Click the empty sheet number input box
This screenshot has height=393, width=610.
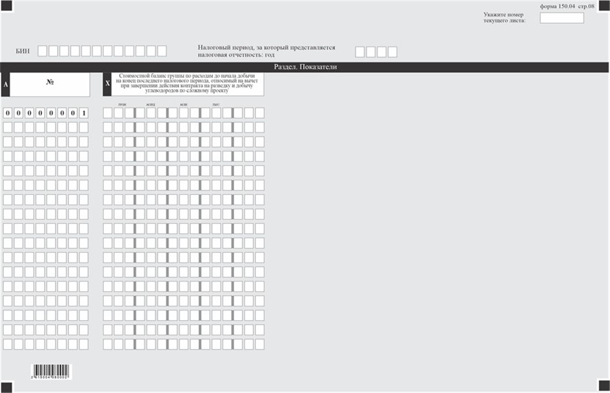click(561, 18)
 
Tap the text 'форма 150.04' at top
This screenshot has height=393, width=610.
click(557, 5)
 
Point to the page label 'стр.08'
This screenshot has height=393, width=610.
click(586, 5)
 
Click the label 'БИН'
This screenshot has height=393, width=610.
click(23, 51)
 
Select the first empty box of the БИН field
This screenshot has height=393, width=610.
click(42, 51)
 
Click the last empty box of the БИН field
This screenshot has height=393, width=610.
click(161, 51)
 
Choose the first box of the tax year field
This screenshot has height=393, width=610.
click(360, 52)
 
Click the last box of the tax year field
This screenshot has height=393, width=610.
click(392, 52)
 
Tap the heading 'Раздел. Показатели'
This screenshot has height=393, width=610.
click(305, 67)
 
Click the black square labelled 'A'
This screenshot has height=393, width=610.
click(5, 85)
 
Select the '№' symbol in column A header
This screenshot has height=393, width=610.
click(50, 83)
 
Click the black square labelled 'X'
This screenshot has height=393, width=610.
click(108, 84)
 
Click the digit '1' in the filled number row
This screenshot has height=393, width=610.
click(83, 113)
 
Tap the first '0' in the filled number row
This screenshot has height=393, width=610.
click(8, 113)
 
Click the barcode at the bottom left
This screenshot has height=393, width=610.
click(51, 372)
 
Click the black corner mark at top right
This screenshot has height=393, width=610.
click(604, 5)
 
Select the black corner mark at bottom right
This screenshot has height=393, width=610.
click(604, 386)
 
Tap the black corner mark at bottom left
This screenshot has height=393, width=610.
click(6, 386)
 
